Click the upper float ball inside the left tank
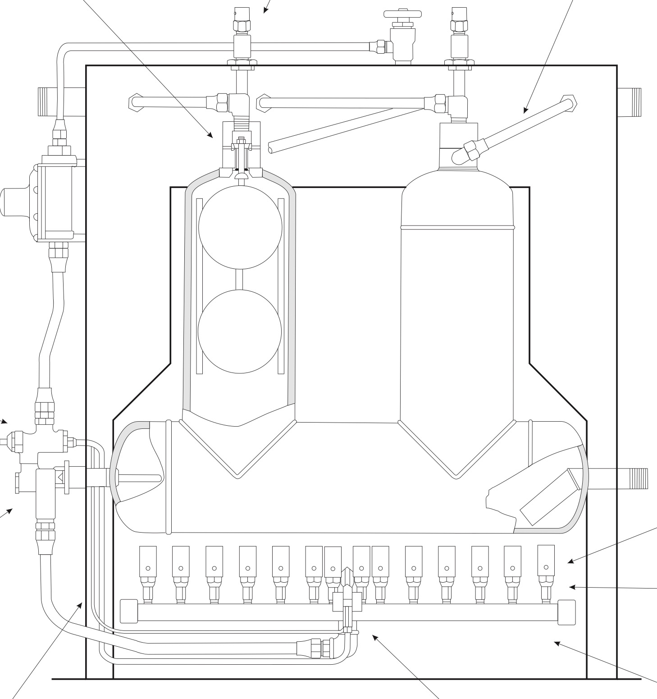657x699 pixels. click(240, 227)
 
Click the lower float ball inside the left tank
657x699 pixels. click(240, 331)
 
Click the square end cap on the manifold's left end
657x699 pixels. click(128, 611)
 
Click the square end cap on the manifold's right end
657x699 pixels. click(566, 612)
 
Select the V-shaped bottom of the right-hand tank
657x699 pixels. click(456, 449)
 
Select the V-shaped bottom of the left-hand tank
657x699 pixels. click(237, 449)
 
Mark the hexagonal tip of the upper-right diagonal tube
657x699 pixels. click(569, 102)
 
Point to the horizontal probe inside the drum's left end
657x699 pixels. click(140, 478)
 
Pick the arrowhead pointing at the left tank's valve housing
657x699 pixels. click(211, 135)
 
